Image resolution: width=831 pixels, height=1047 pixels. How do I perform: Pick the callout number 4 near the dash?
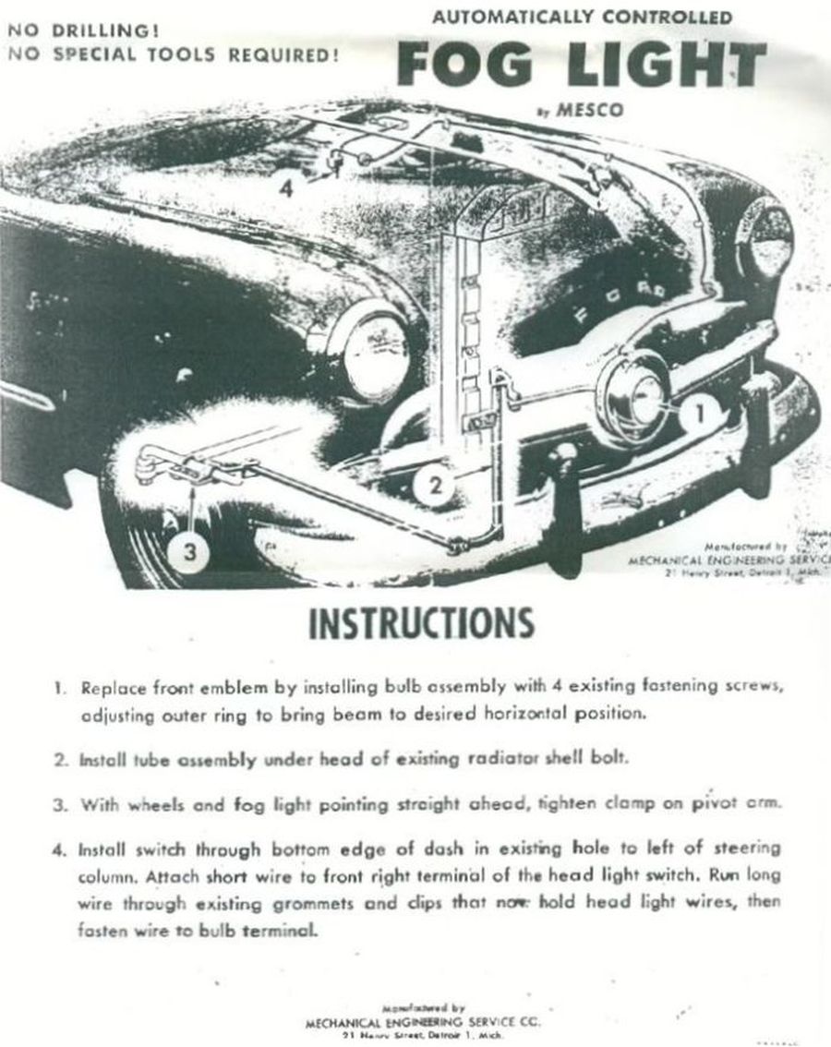286,188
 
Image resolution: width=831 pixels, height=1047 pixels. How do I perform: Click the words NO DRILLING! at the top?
64,30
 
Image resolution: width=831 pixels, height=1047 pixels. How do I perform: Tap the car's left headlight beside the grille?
368,351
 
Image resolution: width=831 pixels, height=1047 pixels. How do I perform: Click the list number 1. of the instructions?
60,689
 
